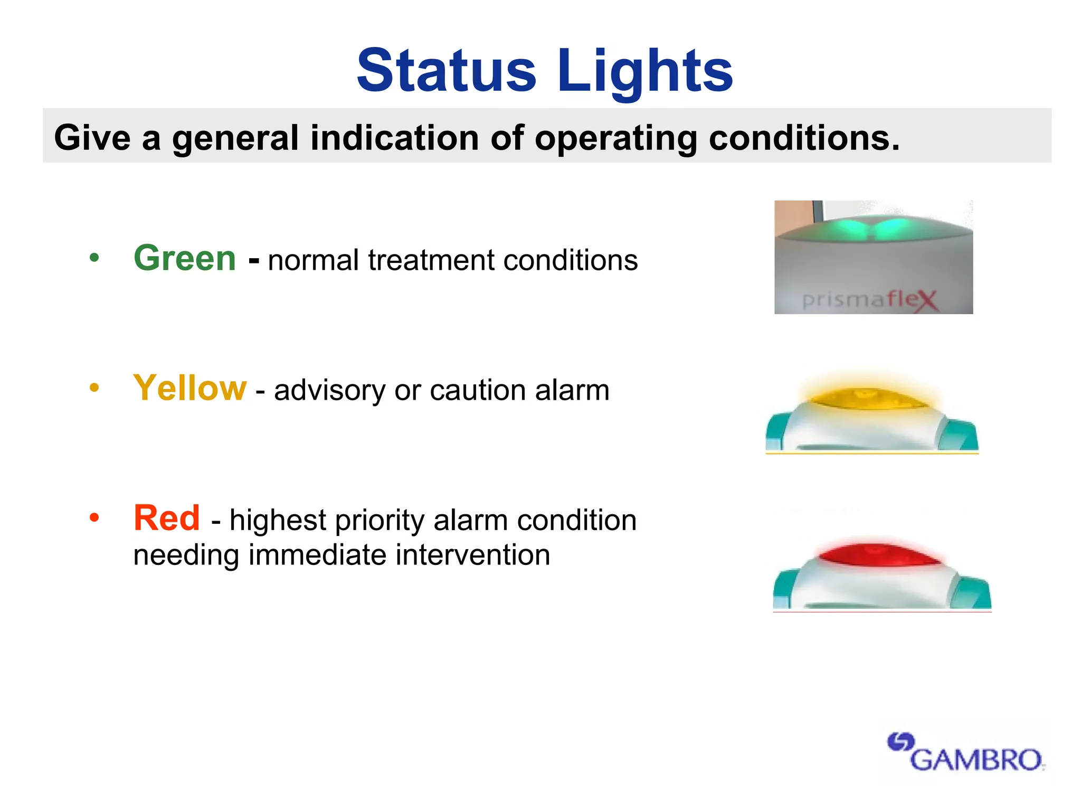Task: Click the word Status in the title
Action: [x=447, y=70]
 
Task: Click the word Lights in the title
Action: [x=644, y=70]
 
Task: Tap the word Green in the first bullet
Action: [x=185, y=258]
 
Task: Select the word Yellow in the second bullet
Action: [x=190, y=388]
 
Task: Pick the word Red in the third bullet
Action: [x=167, y=518]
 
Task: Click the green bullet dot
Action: [x=94, y=258]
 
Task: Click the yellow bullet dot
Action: [x=94, y=388]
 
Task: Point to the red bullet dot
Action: [x=94, y=518]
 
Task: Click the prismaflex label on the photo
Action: [x=870, y=300]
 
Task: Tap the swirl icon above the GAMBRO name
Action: [x=900, y=742]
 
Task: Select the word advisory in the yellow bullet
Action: [x=330, y=391]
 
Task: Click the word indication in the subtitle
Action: [x=395, y=138]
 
